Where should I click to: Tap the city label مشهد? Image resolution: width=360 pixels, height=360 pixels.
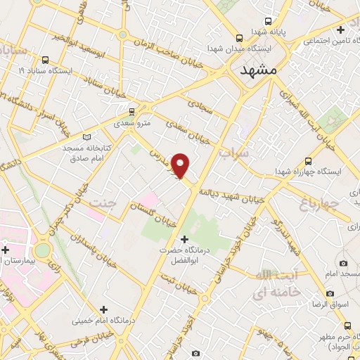[259, 71]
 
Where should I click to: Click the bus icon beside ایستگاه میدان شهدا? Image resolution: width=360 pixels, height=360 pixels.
[240, 38]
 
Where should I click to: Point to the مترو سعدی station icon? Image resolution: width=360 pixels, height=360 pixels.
[131, 111]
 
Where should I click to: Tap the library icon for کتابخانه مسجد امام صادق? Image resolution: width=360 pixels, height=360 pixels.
[87, 136]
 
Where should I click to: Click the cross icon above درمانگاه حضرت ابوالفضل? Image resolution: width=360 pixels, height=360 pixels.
[185, 239]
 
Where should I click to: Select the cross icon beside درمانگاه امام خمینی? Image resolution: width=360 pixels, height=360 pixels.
[103, 309]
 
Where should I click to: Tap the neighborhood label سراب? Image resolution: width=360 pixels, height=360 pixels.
[234, 153]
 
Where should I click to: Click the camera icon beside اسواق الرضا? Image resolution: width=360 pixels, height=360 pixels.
[330, 293]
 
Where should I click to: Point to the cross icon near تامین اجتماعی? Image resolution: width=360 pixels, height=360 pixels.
[341, 30]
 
